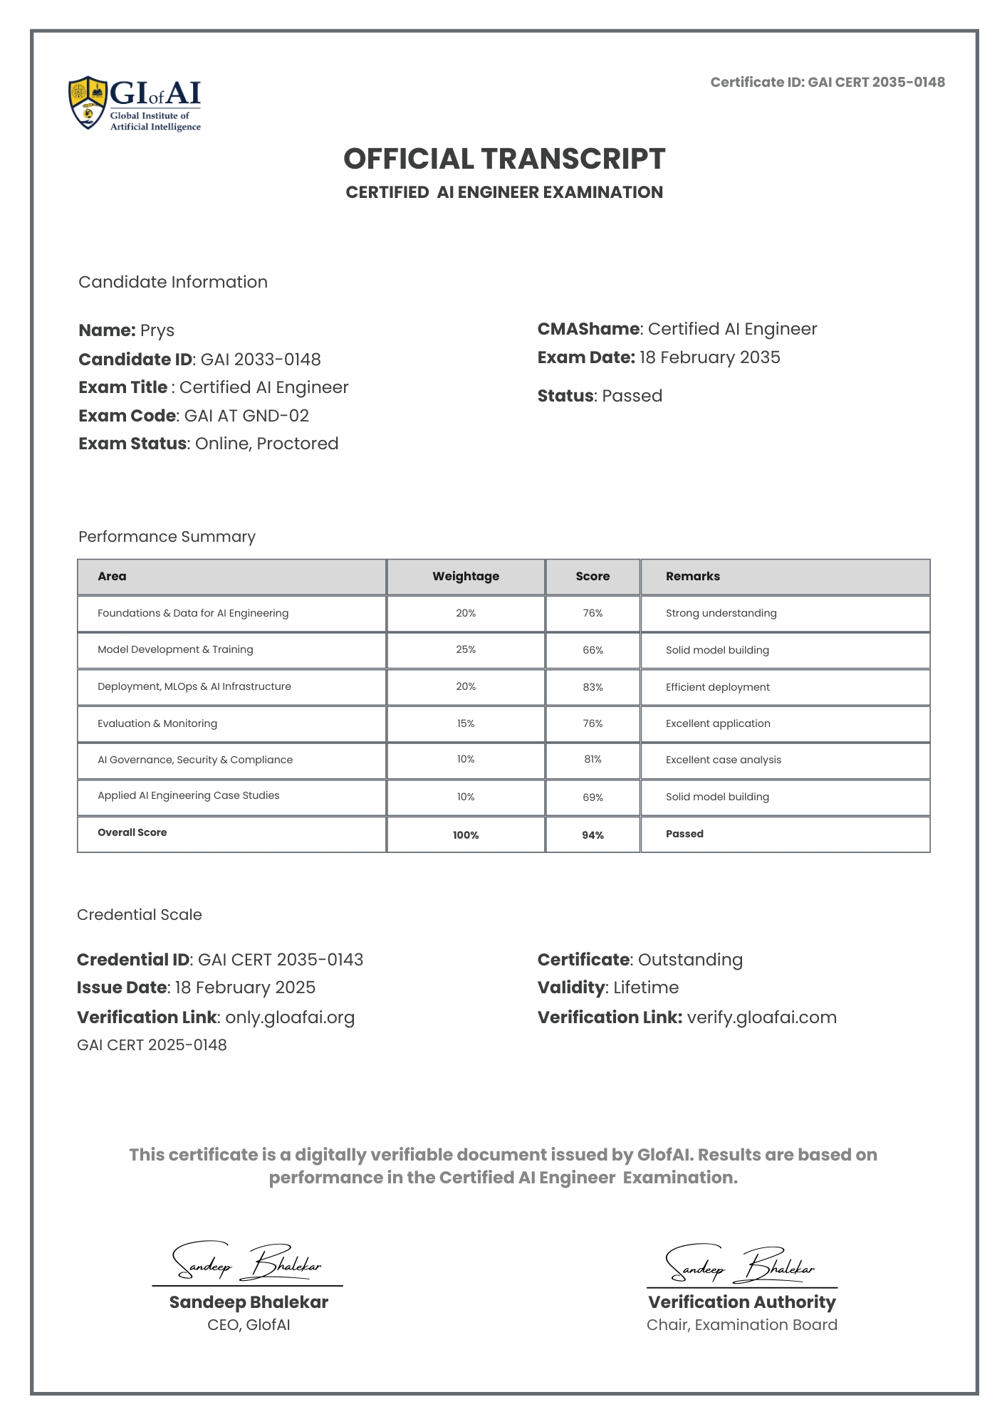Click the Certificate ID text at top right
pyautogui.click(x=827, y=82)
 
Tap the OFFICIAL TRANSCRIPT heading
pyautogui.click(x=504, y=159)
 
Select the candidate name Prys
pyautogui.click(x=157, y=330)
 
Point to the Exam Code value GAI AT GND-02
pyautogui.click(x=246, y=416)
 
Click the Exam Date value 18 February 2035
pyautogui.click(x=709, y=357)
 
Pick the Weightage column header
pyautogui.click(x=466, y=576)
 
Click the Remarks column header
pyautogui.click(x=692, y=576)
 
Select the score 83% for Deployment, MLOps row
pyautogui.click(x=593, y=687)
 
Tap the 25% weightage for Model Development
pyautogui.click(x=466, y=649)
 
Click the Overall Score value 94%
pyautogui.click(x=593, y=835)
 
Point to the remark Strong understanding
pyautogui.click(x=721, y=613)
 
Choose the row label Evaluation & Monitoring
pyautogui.click(x=157, y=723)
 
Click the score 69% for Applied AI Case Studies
pyautogui.click(x=593, y=797)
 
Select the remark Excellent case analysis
pyautogui.click(x=723, y=760)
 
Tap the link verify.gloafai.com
pyautogui.click(x=761, y=1017)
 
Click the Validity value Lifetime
pyautogui.click(x=646, y=988)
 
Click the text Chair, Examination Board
pyautogui.click(x=741, y=1325)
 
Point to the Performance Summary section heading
pyautogui.click(x=167, y=537)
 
